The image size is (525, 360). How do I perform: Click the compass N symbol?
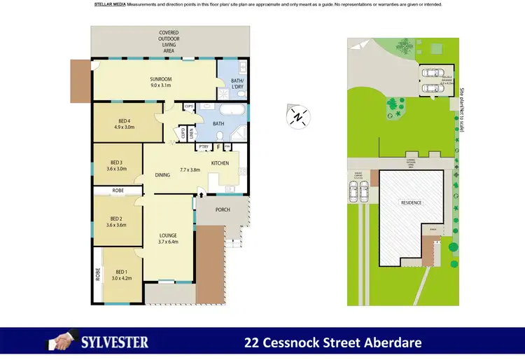[299, 117]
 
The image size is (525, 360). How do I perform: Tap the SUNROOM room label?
[161, 79]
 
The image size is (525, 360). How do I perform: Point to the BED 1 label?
[122, 272]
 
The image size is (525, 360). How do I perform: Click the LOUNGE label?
[168, 235]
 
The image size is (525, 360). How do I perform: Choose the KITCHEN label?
[220, 163]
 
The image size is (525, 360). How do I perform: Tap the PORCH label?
[223, 209]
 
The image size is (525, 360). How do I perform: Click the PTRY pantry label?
[204, 146]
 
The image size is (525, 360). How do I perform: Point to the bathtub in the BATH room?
[230, 110]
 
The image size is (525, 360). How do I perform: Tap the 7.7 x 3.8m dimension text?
[190, 169]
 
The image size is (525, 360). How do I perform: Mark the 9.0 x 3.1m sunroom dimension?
[161, 86]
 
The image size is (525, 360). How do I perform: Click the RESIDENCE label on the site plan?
[411, 202]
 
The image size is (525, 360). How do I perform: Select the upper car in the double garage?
[429, 72]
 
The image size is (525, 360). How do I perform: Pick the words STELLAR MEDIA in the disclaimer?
[110, 4]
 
